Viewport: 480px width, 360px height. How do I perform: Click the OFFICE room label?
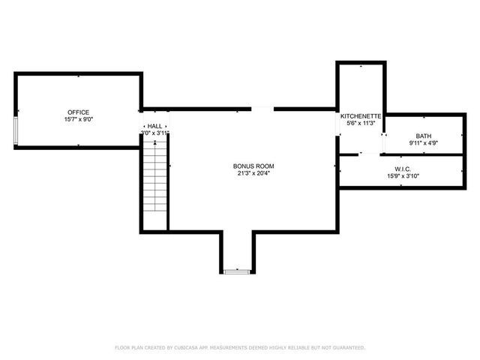click(x=79, y=112)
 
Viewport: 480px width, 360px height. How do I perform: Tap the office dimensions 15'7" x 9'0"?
click(x=79, y=119)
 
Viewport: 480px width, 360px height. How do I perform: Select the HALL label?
click(x=155, y=126)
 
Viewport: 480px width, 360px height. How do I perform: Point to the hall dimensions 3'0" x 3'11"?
click(x=155, y=133)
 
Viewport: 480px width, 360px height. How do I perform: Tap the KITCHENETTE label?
click(x=361, y=116)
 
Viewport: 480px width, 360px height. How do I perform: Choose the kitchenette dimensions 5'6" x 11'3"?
click(x=361, y=123)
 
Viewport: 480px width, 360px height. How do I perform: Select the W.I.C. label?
click(x=403, y=169)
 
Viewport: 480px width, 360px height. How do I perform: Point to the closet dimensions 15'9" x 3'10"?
click(x=403, y=176)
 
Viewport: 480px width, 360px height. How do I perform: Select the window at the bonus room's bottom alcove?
click(x=238, y=271)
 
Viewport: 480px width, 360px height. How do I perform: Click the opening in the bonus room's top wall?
click(x=262, y=109)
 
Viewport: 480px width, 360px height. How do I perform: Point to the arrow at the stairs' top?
click(x=155, y=142)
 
